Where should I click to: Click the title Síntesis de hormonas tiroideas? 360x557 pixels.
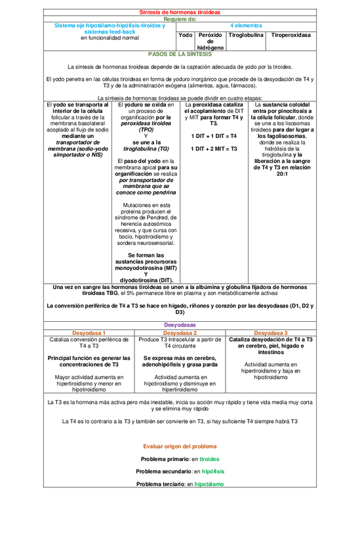tap(180, 12)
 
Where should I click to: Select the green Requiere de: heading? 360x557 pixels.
tap(180, 19)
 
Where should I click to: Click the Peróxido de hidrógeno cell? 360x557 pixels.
tap(210, 41)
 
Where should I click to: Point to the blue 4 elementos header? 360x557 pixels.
tap(246, 26)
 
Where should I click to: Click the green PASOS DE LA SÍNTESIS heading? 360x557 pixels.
tap(180, 55)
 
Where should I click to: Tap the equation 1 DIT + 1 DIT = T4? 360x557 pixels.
tap(214, 136)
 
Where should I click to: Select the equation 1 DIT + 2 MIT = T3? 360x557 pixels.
tap(214, 148)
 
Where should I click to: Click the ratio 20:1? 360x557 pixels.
tap(282, 173)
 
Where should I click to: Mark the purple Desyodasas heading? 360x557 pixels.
tap(180, 325)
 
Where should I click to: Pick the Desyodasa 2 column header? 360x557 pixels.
tap(180, 332)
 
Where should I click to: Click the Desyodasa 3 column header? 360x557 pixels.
tap(271, 332)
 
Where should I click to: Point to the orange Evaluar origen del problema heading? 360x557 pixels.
tap(180, 446)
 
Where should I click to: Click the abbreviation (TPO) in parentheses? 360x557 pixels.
tap(146, 129)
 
